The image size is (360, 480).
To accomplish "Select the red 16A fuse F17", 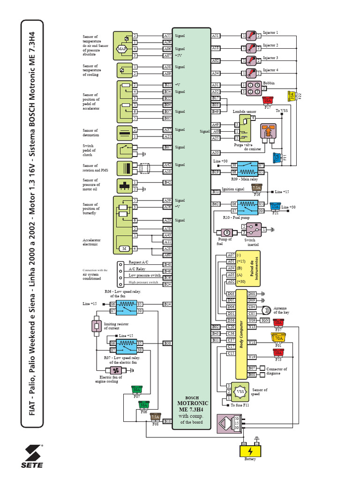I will click(x=268, y=100).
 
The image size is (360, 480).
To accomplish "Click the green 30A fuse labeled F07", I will click(x=137, y=390).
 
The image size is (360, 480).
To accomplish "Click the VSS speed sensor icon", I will click(x=240, y=391).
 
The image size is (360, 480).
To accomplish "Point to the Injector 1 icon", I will click(x=252, y=36).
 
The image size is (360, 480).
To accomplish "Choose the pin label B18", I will click(x=167, y=421).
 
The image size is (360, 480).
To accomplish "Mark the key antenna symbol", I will click(x=265, y=310).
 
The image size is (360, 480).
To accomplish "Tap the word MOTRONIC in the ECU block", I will click(x=193, y=403).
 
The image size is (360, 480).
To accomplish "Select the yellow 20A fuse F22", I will click(x=292, y=96).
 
